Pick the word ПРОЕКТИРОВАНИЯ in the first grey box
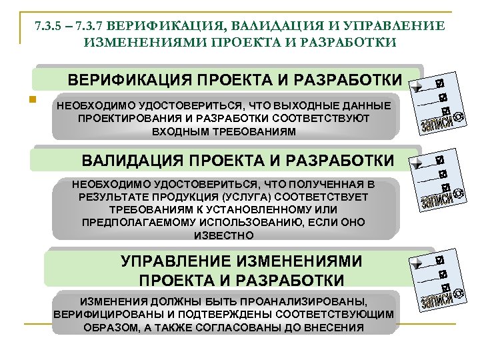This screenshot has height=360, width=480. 126,118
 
